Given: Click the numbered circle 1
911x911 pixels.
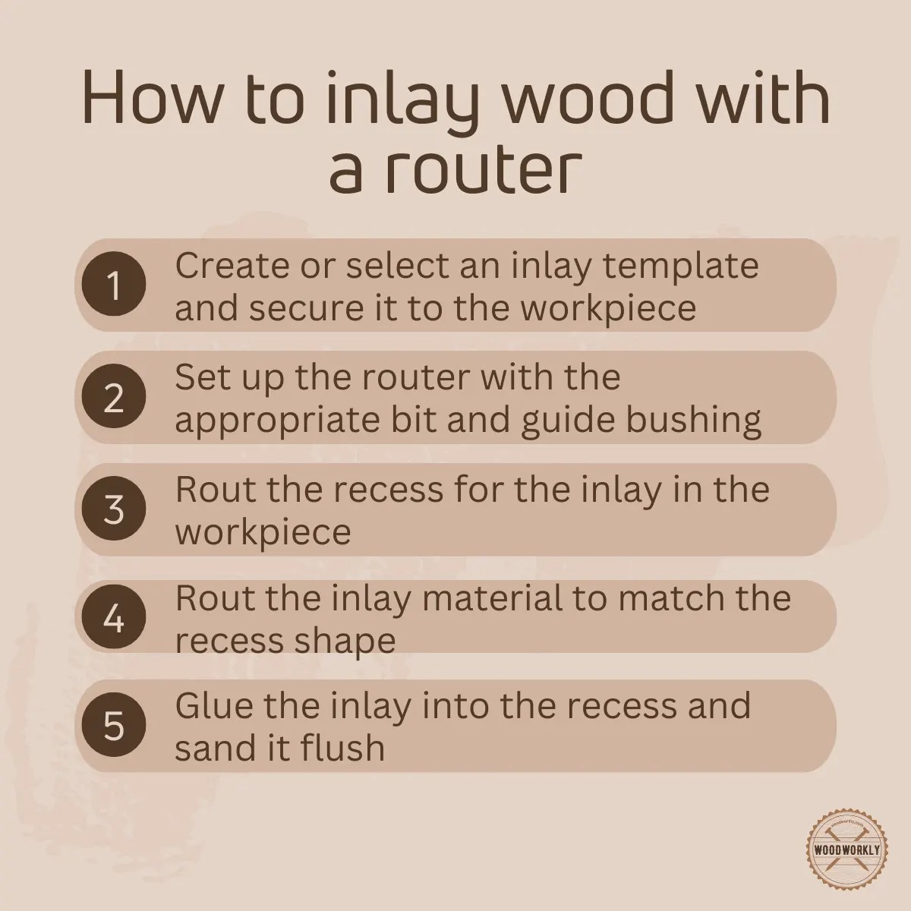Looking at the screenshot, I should pyautogui.click(x=114, y=287).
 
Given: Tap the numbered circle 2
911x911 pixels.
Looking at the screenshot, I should pyautogui.click(x=114, y=398).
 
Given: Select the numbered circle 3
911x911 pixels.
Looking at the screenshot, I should pyautogui.click(x=114, y=509).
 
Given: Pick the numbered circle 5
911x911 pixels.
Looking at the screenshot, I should pyautogui.click(x=114, y=727).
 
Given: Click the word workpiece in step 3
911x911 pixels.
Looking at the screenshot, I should pyautogui.click(x=263, y=532).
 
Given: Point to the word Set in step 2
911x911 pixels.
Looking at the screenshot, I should pyautogui.click(x=198, y=377).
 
